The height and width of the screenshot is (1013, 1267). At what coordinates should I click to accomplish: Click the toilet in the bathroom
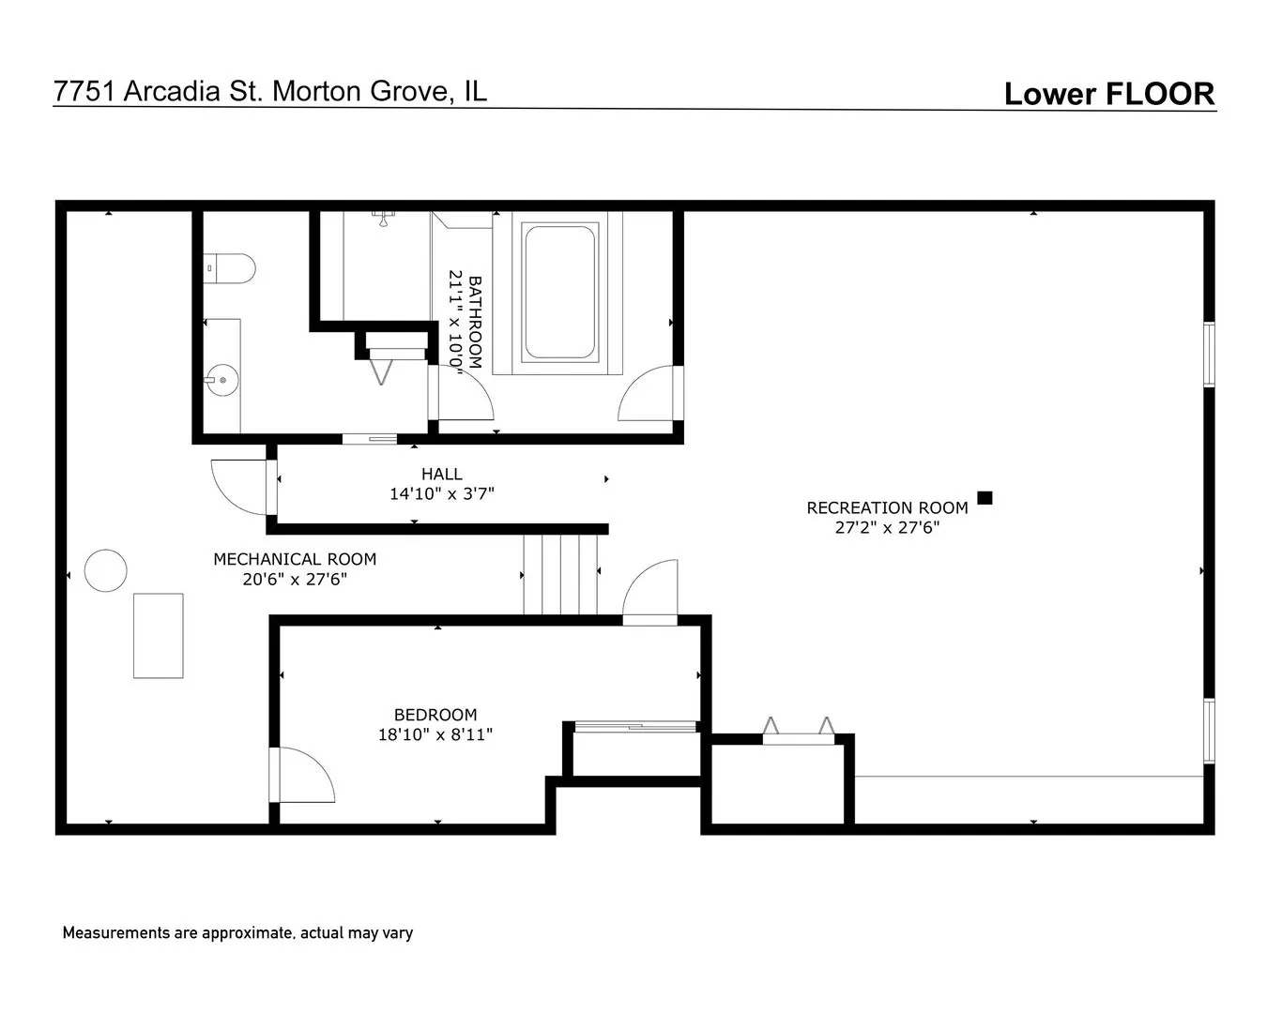tap(229, 268)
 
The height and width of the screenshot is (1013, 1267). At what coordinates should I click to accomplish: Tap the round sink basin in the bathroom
tap(222, 380)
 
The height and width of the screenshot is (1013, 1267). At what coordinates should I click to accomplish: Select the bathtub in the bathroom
tap(559, 292)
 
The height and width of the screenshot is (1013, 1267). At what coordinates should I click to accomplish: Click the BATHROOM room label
tap(475, 322)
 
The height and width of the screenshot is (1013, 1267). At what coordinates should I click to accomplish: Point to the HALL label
tap(441, 474)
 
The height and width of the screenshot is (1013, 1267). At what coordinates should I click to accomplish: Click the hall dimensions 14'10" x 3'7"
tap(441, 494)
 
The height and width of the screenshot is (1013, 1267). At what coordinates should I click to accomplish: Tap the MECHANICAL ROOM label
tap(295, 559)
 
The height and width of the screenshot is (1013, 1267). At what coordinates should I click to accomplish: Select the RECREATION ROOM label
tap(887, 508)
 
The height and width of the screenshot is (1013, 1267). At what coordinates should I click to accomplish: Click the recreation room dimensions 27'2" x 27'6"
tap(887, 527)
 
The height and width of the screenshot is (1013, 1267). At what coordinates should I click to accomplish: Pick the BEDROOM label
tap(435, 715)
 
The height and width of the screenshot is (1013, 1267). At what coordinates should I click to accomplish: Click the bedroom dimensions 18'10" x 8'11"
tap(435, 734)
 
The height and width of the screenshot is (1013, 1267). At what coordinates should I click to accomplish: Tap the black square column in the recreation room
tap(985, 498)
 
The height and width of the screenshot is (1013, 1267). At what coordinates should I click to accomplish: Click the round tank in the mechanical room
tap(105, 570)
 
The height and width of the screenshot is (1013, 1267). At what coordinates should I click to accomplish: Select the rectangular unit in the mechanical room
tap(159, 636)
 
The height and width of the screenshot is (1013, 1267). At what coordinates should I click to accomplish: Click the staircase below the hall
tap(560, 574)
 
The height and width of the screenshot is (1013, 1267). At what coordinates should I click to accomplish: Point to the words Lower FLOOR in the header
tap(1109, 94)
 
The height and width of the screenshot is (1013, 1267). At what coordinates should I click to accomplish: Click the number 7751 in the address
tap(84, 91)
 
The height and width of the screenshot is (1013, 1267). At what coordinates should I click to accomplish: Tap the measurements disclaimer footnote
tap(237, 933)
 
